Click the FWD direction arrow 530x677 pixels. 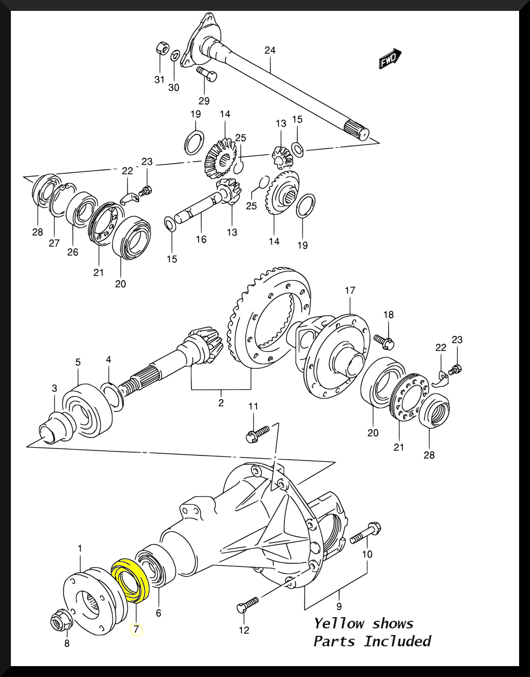[390, 59]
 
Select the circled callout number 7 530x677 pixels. [136, 629]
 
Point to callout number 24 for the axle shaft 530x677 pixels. [270, 50]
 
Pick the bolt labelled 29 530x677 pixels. [207, 74]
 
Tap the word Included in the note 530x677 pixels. [397, 641]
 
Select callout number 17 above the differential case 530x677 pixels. [350, 290]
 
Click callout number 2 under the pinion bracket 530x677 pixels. [221, 402]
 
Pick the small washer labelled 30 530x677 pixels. [174, 56]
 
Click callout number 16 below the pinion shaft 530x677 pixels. [201, 239]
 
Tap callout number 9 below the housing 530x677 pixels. [339, 606]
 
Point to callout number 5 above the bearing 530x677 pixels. [78, 362]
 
